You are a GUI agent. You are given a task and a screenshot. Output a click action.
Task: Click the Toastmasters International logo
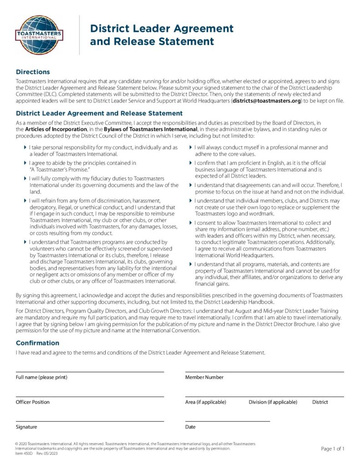pyautogui.click(x=39, y=35)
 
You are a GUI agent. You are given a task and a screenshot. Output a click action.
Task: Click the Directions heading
pyautogui.click(x=33, y=72)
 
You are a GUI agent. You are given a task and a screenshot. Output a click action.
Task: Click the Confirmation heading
pyautogui.click(x=37, y=343)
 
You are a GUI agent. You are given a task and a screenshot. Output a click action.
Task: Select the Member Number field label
pyautogui.click(x=204, y=377)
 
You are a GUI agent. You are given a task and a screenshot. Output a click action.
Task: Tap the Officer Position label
pyautogui.click(x=33, y=402)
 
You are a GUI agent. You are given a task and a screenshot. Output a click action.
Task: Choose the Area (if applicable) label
pyautogui.click(x=206, y=402)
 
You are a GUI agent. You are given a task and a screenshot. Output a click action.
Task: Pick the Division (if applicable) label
pyautogui.click(x=273, y=402)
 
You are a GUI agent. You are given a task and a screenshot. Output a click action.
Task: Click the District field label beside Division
pyautogui.click(x=320, y=402)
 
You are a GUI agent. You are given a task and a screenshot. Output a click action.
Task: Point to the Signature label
pyautogui.click(x=26, y=427)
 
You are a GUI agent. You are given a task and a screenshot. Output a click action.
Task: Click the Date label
pyautogui.click(x=190, y=427)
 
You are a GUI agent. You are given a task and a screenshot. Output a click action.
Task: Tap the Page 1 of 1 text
pyautogui.click(x=333, y=449)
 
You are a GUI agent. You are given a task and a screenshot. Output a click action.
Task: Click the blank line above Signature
pyautogui.click(x=90, y=421)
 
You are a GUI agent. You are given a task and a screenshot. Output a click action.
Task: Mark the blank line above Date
pyautogui.click(x=228, y=421)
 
